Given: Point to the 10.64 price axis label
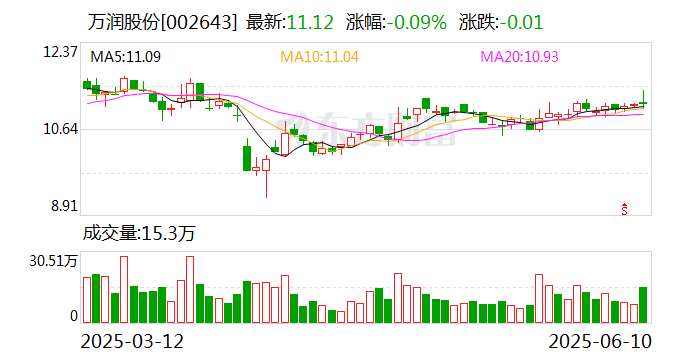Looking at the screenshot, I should [x=58, y=129].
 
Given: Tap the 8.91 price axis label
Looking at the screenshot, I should [x=62, y=207].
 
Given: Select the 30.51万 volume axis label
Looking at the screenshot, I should [x=51, y=260].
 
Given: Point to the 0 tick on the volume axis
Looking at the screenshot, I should [x=73, y=315].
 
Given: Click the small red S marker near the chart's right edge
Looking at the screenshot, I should [x=625, y=208].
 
